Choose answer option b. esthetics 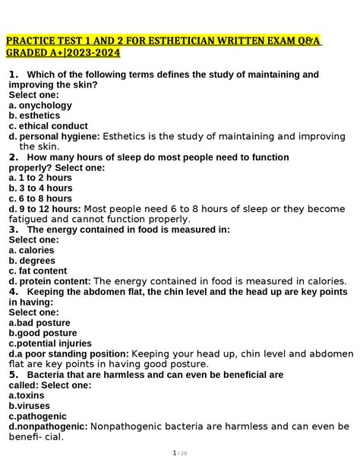[x=35, y=116]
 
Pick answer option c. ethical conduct [x=48, y=125]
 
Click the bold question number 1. [x=13, y=74]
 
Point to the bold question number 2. [x=13, y=157]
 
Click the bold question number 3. [x=13, y=229]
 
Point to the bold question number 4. [x=13, y=291]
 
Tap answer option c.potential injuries [x=51, y=343]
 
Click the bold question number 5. [x=13, y=374]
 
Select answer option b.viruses [x=29, y=406]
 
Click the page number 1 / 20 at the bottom [x=180, y=454]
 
